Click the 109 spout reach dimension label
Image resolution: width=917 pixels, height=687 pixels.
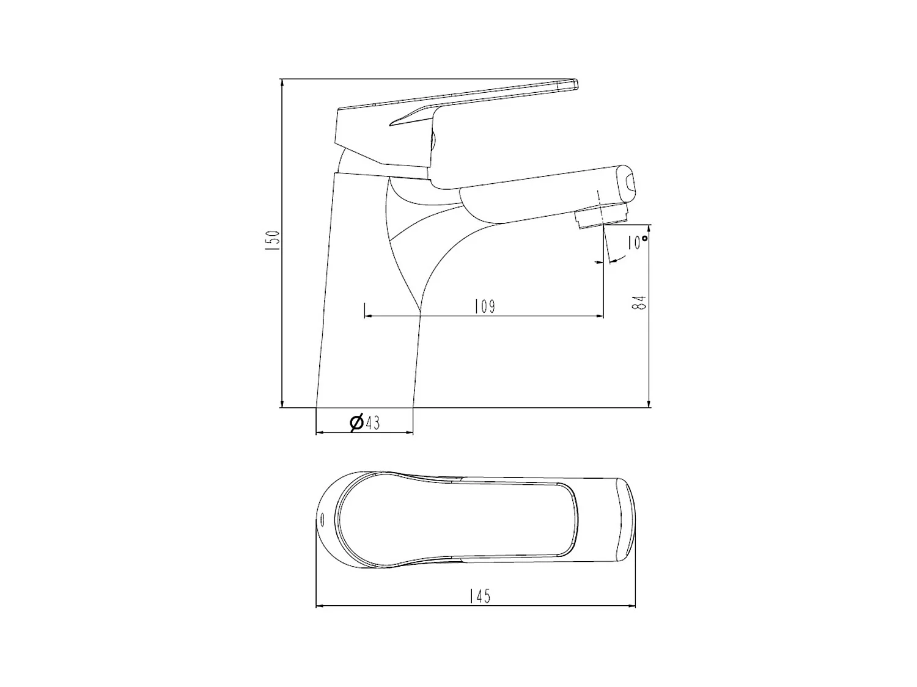485,306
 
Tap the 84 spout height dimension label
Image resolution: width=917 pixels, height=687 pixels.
639,302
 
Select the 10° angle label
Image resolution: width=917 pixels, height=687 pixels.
637,242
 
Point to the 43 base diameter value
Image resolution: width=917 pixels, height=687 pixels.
372,423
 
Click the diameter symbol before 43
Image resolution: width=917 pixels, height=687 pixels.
356,422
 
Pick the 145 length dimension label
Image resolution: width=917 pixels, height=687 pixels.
480,596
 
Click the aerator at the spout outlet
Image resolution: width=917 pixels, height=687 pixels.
602,217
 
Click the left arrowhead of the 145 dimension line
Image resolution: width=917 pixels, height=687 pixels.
319,606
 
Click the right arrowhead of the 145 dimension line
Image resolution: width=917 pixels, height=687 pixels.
632,606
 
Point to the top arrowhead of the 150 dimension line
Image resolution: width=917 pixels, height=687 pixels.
281,82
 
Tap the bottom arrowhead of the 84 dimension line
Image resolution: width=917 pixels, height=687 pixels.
649,404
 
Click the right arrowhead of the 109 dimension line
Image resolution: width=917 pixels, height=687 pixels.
600,316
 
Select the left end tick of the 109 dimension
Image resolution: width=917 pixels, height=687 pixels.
364,310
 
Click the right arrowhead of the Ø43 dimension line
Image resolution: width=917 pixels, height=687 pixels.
410,433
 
